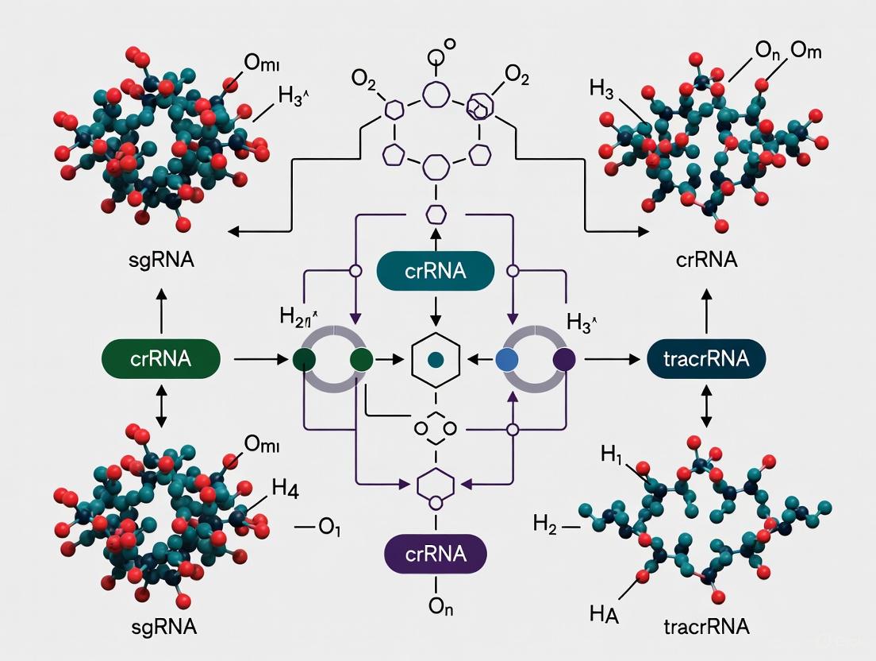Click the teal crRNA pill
coord(435,272)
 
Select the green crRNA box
coord(160,358)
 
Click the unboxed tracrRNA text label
coord(706,627)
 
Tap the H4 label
coord(285,489)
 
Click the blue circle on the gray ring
coord(505,359)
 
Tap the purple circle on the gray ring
coord(564,359)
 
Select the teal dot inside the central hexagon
coord(435,360)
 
